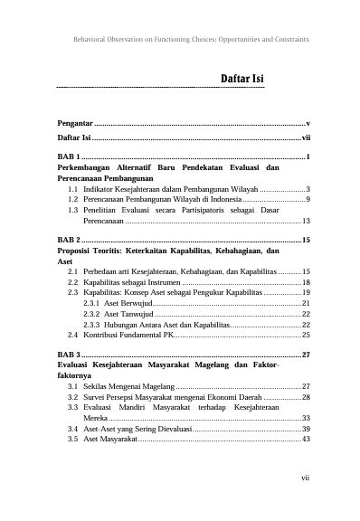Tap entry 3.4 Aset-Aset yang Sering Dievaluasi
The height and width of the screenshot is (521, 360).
click(136, 428)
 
